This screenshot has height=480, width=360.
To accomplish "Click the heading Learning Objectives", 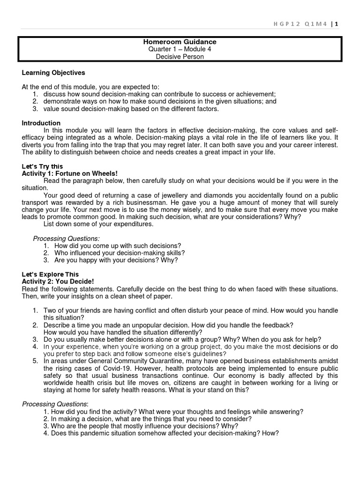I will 53,73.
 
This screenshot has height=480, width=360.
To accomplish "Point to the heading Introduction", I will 41,123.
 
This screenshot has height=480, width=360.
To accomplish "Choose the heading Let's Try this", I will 42,166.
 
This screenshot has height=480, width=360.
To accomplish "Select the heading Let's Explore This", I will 50,274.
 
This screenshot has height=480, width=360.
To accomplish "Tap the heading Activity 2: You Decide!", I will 58,281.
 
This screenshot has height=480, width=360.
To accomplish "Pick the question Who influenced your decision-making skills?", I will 120,253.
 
